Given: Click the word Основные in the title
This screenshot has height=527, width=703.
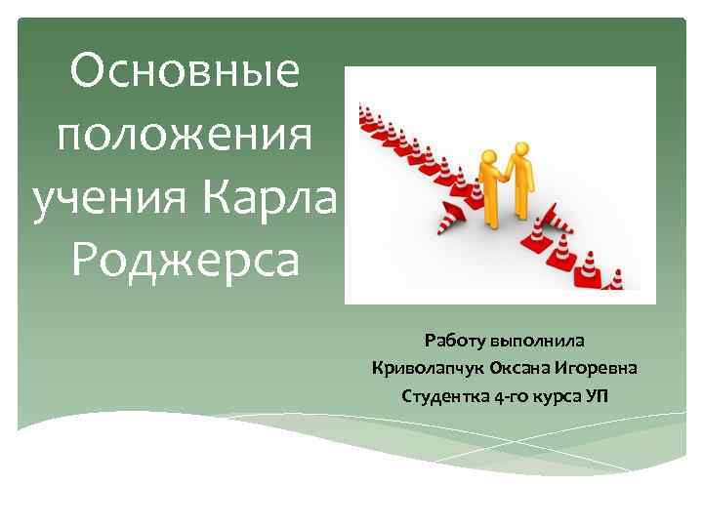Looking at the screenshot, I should [186, 75].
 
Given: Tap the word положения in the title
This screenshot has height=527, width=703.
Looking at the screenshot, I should [186, 136].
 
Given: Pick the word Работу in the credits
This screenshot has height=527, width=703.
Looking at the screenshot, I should [454, 342].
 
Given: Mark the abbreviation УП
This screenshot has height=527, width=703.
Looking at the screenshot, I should [597, 396].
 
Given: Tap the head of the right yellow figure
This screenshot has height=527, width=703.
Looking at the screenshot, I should [521, 150].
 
